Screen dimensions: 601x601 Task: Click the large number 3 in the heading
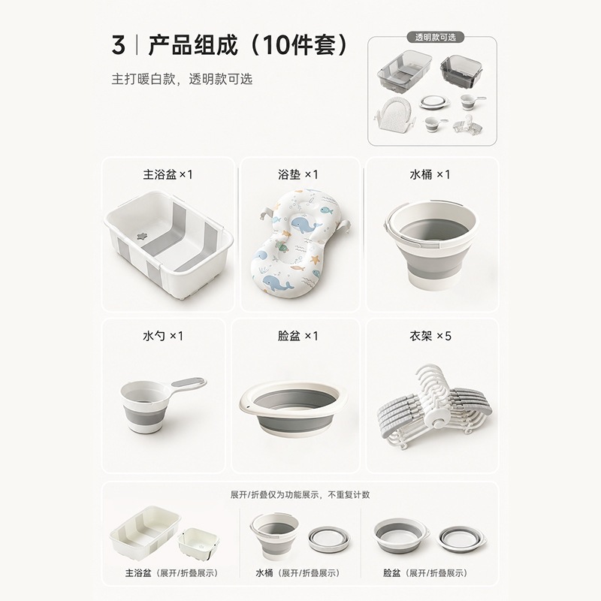pos(119,45)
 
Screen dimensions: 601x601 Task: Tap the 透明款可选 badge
pos(436,37)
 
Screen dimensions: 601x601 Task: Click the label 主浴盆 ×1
pos(168,175)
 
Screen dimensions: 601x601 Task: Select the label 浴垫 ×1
pos(298,175)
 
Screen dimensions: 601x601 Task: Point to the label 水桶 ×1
pos(430,175)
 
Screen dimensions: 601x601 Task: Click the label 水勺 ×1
pos(163,336)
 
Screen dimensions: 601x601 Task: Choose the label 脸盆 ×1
pos(298,336)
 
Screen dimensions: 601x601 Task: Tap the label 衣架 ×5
pos(430,336)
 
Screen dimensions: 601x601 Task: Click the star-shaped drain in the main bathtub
pos(143,236)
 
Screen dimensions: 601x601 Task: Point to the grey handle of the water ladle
pos(188,382)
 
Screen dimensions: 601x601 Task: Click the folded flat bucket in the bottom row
pos(329,539)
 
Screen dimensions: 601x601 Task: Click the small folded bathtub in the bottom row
pos(199,542)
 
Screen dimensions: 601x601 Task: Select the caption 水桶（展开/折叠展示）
pos(297,573)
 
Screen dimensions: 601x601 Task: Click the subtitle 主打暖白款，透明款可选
pos(182,79)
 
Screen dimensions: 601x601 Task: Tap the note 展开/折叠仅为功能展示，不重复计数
pos(300,495)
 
